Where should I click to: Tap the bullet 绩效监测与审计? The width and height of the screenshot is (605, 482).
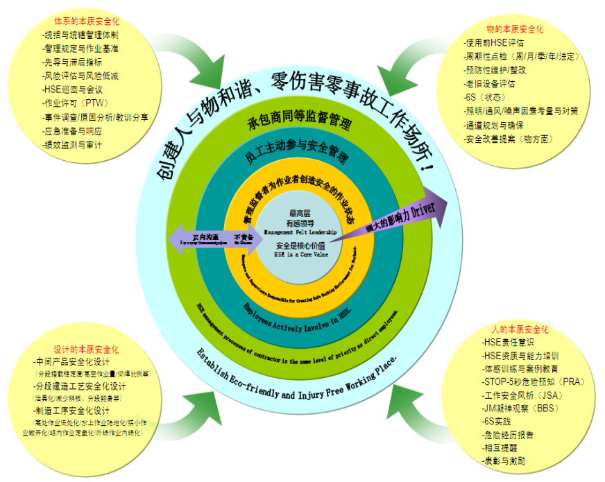click(x=77, y=145)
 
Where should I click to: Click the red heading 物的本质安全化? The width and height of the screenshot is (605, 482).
click(x=515, y=29)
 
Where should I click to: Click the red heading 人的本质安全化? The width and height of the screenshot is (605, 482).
click(x=519, y=329)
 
